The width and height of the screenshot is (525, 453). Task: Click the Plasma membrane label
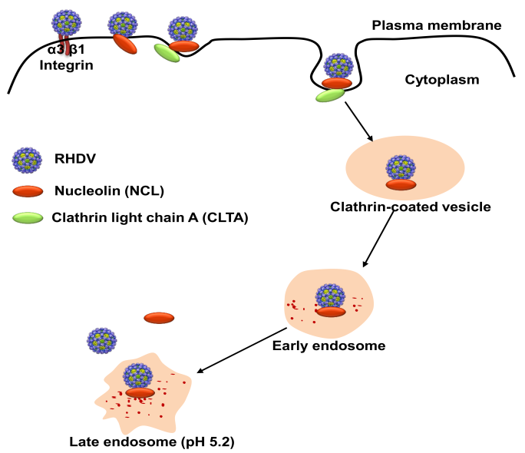[436, 25]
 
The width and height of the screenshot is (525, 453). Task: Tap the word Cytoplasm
[441, 79]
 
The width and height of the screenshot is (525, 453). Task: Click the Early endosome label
[329, 346]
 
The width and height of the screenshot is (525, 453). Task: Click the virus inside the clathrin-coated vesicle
[399, 168]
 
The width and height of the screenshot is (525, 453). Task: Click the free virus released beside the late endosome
[102, 342]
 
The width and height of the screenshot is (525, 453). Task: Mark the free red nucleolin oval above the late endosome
[159, 318]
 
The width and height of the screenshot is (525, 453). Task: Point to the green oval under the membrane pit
[330, 96]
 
